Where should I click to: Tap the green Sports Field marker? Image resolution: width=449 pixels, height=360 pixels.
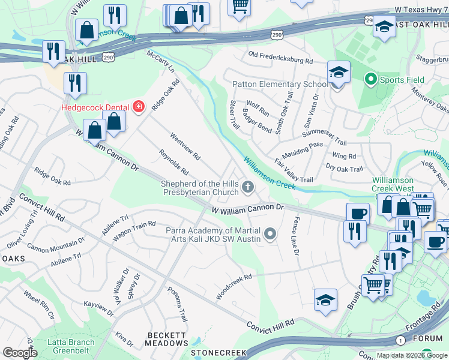click(x=371, y=79)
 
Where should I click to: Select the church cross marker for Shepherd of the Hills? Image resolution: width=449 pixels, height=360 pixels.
click(x=247, y=188)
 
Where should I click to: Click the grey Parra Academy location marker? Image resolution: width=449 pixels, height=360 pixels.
click(x=270, y=233)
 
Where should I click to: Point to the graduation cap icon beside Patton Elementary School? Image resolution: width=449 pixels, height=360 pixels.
click(x=339, y=74)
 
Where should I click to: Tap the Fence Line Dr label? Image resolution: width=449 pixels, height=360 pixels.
click(x=295, y=236)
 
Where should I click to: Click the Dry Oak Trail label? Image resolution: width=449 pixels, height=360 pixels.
click(x=344, y=169)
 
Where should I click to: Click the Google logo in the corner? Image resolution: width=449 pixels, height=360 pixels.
click(x=19, y=353)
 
